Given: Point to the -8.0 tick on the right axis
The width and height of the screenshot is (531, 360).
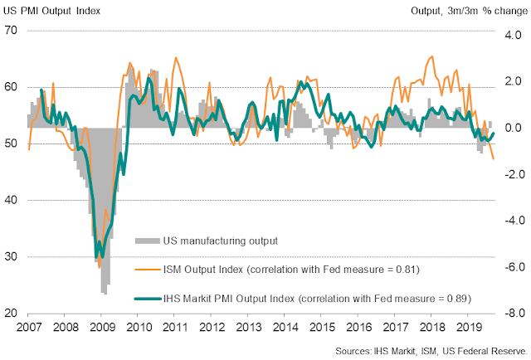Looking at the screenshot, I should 506,313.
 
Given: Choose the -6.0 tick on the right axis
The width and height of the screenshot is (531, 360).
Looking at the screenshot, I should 506,267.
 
